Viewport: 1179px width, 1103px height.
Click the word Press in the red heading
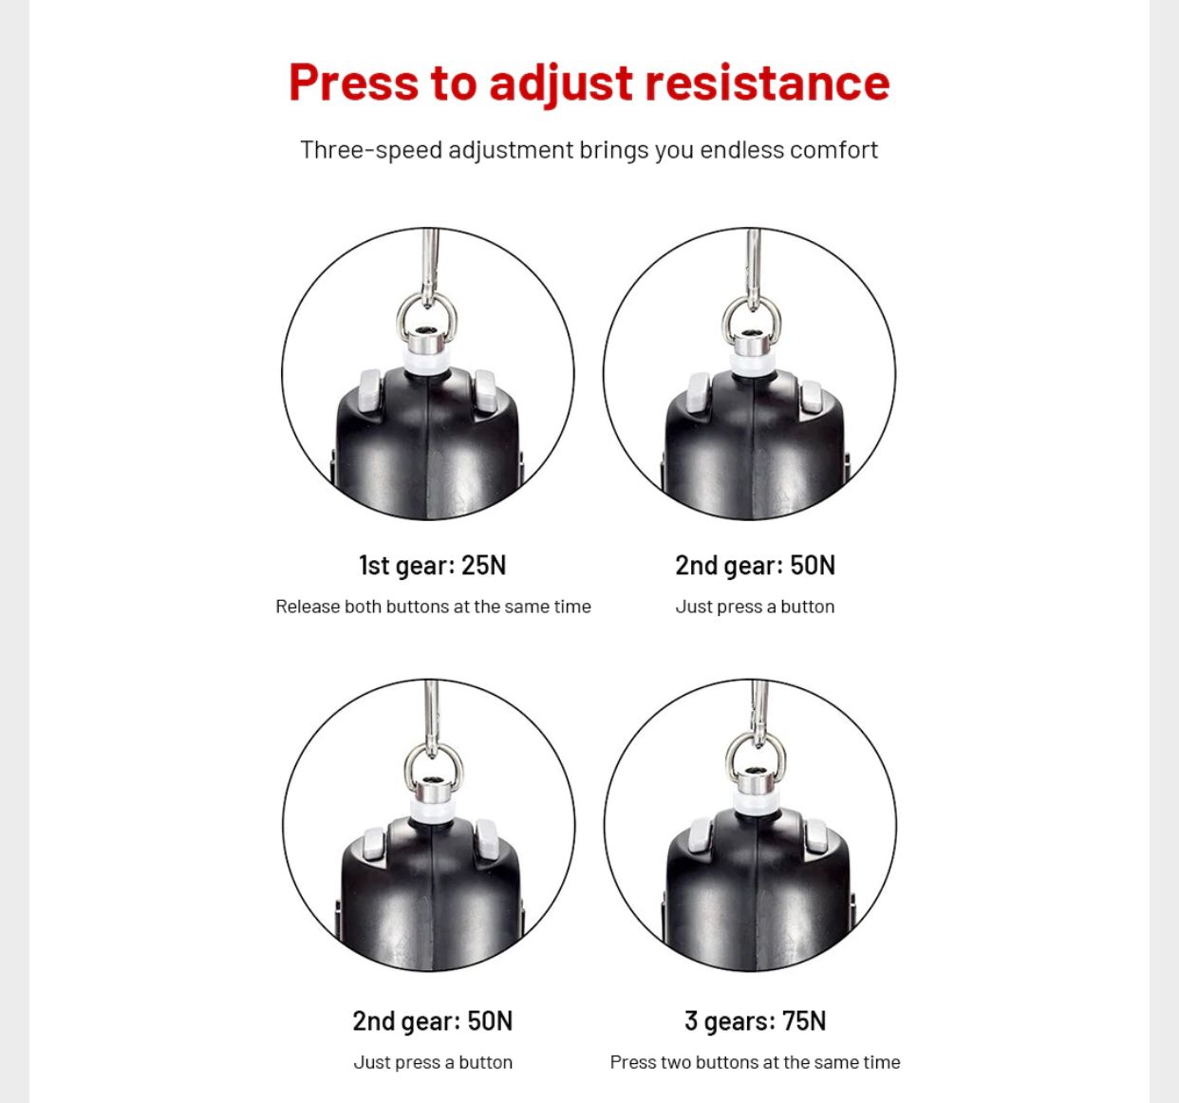[x=354, y=83]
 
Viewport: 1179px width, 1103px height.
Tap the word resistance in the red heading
[x=767, y=83]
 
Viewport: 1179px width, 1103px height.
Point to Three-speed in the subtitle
[x=371, y=151]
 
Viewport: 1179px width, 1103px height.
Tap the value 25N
[x=483, y=565]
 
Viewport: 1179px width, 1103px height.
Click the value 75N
[x=804, y=1021]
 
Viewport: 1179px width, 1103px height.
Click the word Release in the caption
[x=307, y=607]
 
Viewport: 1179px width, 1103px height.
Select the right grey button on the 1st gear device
[x=484, y=391]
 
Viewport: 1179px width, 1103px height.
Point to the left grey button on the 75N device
[x=700, y=837]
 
